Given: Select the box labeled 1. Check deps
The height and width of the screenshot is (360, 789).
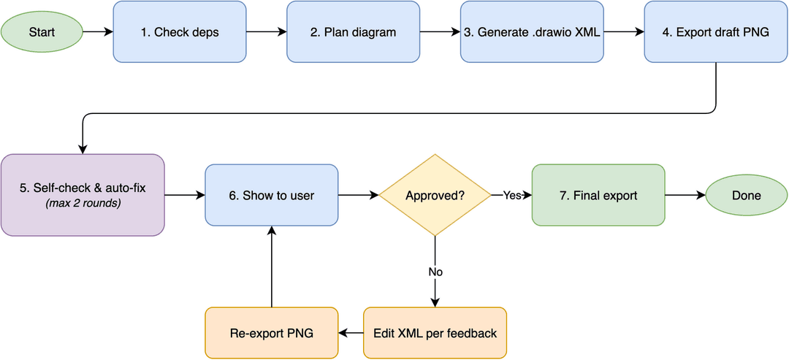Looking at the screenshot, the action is coord(180,32).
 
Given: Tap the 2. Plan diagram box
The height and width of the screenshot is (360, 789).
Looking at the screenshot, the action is coord(354,32).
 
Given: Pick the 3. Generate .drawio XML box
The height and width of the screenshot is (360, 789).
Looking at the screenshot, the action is coord(533,32).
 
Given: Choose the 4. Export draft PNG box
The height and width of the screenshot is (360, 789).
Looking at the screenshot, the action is coord(715,32).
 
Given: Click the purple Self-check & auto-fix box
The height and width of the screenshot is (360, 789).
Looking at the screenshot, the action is coord(83,195).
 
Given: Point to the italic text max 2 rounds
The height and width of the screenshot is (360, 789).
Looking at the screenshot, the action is coord(83,204).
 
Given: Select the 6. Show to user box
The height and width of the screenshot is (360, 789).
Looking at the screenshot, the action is coord(271,195).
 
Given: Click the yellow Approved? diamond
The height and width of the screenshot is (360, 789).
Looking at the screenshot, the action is coord(435,195).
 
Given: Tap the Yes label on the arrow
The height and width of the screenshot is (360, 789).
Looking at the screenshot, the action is coord(511,196).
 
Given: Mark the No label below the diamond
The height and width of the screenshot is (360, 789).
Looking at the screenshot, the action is coord(435,272).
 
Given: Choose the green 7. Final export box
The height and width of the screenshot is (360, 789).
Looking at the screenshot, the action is coord(598,195).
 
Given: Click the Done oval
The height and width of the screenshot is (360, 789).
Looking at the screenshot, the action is coord(747,195).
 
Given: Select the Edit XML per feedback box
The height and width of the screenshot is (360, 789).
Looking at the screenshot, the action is coord(435,333).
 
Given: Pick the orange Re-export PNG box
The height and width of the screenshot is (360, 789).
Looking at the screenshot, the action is coord(271,333).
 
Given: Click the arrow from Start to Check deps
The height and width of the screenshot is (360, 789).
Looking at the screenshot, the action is coord(98,32).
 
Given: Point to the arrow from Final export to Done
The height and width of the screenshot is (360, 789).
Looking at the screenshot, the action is coord(685,195).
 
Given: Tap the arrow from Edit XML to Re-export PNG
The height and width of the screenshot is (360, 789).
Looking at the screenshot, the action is coord(351,333).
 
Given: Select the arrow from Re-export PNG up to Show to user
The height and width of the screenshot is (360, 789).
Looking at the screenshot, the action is coord(271,267).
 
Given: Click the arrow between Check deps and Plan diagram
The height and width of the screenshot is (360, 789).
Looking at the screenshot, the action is coord(267,32).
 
